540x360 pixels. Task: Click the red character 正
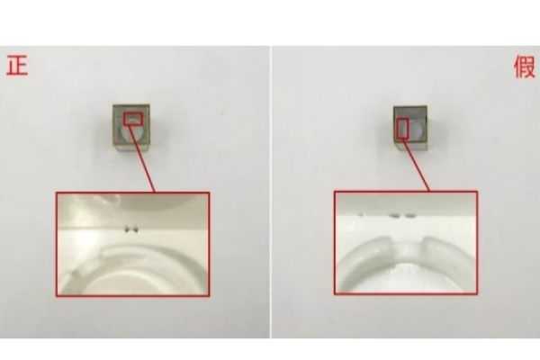click(17, 66)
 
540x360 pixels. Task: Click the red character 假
click(524, 67)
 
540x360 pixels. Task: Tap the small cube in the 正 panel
click(131, 128)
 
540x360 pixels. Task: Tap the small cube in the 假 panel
click(410, 128)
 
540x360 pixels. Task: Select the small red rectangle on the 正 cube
click(133, 119)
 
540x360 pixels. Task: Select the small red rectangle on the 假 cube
click(402, 129)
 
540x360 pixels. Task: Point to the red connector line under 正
click(141, 158)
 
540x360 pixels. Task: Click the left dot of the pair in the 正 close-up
click(128, 229)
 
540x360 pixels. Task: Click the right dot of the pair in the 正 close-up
click(136, 229)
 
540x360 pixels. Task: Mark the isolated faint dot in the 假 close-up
click(361, 215)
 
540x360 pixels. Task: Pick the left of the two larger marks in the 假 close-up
click(395, 216)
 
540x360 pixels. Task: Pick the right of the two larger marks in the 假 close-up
click(410, 216)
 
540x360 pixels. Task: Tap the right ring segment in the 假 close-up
click(447, 251)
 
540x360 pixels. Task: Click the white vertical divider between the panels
click(271, 192)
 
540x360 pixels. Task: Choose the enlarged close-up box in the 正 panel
click(133, 244)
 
